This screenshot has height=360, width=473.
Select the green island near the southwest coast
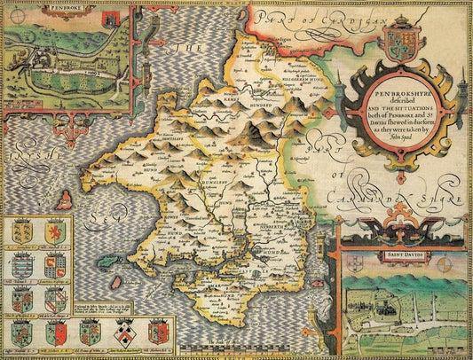pyautogui.click(x=111, y=261)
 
